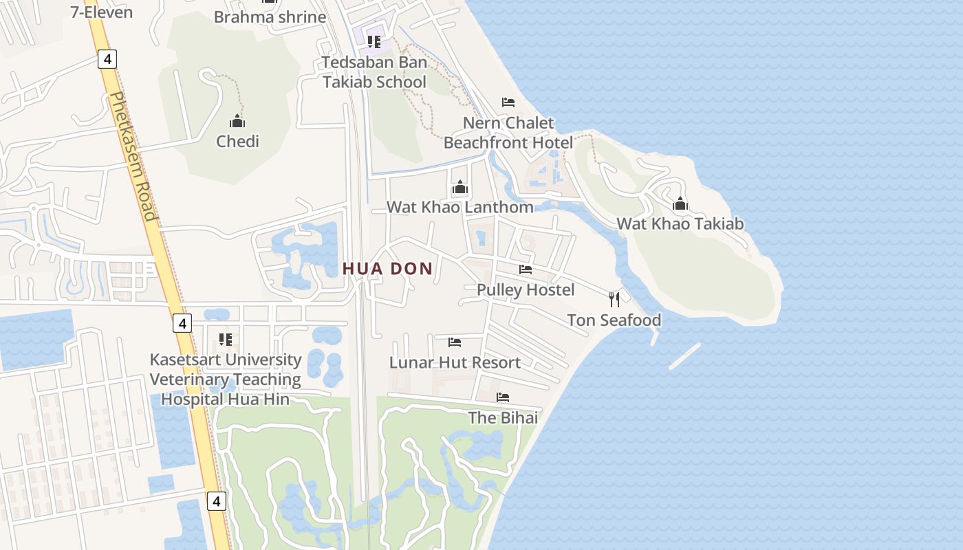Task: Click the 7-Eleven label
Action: click(x=102, y=12)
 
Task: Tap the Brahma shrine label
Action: click(x=270, y=17)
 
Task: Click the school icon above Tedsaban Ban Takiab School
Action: click(x=374, y=42)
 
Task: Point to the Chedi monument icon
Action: click(x=237, y=122)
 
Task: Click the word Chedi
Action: click(x=237, y=142)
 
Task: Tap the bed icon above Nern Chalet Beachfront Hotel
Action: click(x=508, y=102)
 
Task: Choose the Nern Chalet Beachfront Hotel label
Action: click(x=508, y=133)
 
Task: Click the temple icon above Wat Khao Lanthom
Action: click(x=460, y=187)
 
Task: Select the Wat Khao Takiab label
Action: click(x=680, y=223)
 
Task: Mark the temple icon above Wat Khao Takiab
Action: click(x=680, y=203)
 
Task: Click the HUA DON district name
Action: click(x=388, y=269)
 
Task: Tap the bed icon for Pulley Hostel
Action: click(x=526, y=269)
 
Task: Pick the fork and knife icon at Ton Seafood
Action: click(x=614, y=299)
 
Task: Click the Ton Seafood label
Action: click(x=614, y=320)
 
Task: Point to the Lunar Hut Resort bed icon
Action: click(x=455, y=342)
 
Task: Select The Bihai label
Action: click(x=503, y=417)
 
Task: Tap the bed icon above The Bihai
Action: click(x=503, y=397)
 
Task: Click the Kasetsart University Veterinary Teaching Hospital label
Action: click(x=226, y=379)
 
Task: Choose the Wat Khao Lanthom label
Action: click(x=459, y=207)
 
